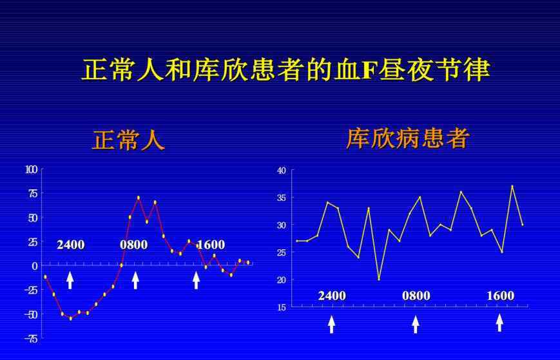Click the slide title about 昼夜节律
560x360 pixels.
coord(285,70)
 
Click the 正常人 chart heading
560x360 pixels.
coord(129,140)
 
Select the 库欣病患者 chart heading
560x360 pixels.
coord(407,138)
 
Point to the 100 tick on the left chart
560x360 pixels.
coord(32,169)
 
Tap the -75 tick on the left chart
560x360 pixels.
coord(31,339)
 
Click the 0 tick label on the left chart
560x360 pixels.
coord(35,266)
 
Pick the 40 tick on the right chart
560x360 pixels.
coord(282,171)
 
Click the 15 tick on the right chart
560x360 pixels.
coord(282,307)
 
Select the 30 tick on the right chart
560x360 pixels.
coord(282,225)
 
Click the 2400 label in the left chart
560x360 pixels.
coord(71,245)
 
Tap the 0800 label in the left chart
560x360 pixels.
coord(133,245)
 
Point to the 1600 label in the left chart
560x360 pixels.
coord(211,245)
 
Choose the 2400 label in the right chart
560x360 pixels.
coord(332,296)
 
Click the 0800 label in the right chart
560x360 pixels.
coord(416,296)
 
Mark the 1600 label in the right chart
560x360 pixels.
coord(500,296)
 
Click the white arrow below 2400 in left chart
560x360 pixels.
coord(70,280)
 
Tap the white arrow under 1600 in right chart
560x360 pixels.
coord(499,323)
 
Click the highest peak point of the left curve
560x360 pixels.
coord(138,198)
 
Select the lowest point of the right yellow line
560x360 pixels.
coord(379,279)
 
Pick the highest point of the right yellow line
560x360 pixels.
coord(512,186)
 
